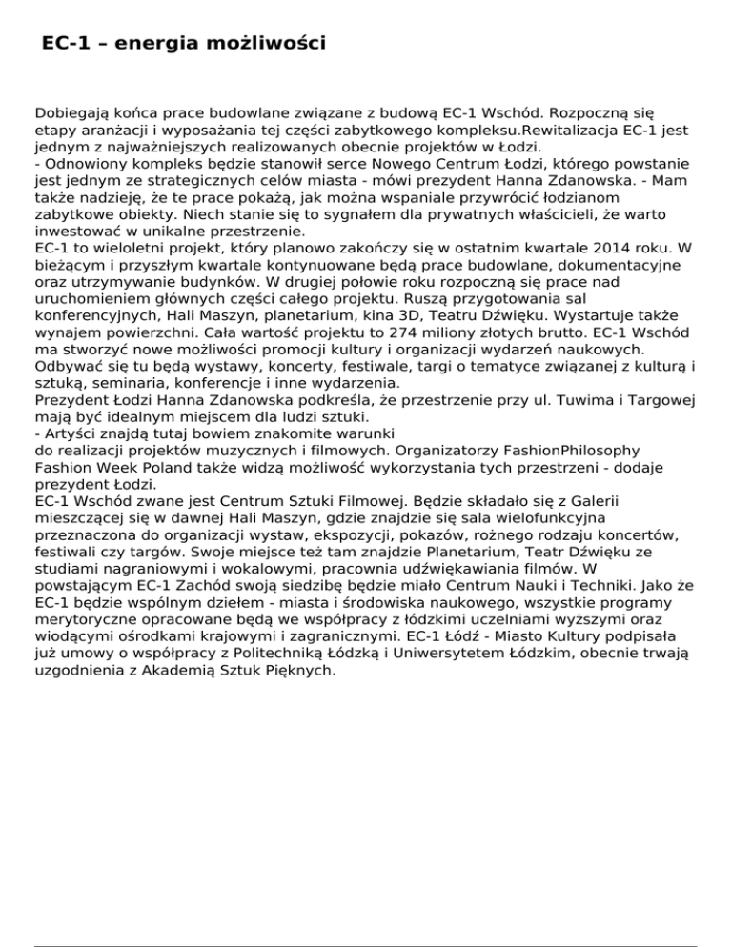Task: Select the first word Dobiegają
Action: (71, 112)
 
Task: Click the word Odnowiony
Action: (82, 165)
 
